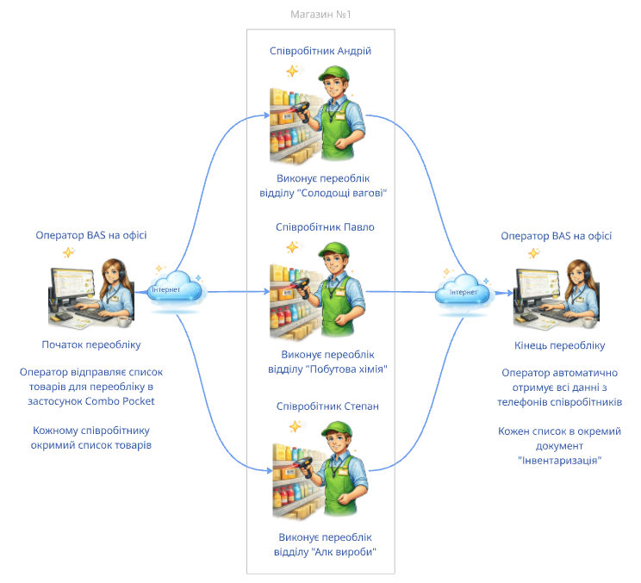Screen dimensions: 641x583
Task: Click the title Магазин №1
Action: [x=320, y=15]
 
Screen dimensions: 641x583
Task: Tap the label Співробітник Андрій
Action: [x=320, y=51]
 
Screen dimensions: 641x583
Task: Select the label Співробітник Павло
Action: [x=325, y=227]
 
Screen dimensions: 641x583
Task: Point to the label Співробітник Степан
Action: [x=327, y=406]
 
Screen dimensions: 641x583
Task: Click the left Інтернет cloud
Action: [x=175, y=288]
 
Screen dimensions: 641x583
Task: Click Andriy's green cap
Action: [x=335, y=73]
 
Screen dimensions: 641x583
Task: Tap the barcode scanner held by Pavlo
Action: [x=302, y=287]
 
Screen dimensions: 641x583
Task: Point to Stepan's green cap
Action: [x=337, y=429]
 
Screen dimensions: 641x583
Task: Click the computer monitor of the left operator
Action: [x=72, y=286]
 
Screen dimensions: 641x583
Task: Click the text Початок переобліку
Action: [x=91, y=344]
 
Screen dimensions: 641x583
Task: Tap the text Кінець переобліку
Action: [x=559, y=345]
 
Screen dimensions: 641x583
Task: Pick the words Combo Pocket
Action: [x=120, y=401]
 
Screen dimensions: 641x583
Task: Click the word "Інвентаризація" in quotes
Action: [x=560, y=461]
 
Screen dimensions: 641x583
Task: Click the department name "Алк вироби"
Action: [x=344, y=552]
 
